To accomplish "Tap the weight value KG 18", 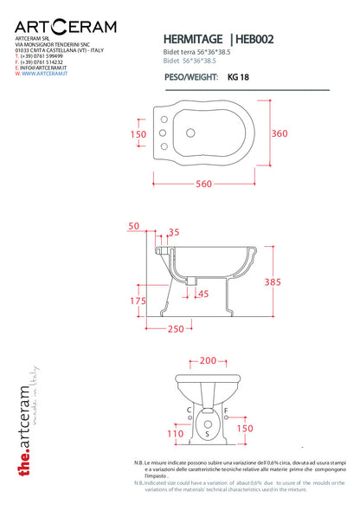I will click(x=239, y=75).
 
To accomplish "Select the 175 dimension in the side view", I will click(x=137, y=301).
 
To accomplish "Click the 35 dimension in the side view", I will click(x=174, y=232).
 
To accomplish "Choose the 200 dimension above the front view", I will click(x=208, y=359).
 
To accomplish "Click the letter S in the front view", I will click(x=208, y=432).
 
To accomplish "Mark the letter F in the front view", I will click(x=226, y=409).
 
